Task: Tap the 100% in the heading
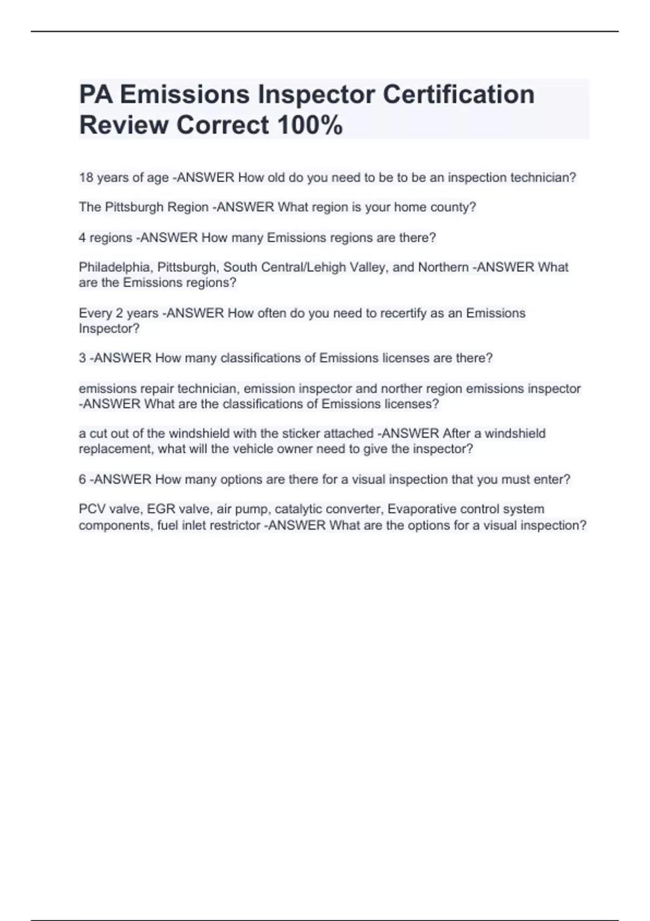[310, 125]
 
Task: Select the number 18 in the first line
[86, 178]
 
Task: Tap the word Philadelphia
[115, 267]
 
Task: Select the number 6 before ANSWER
[82, 479]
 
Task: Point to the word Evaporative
[422, 509]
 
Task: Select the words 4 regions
[106, 238]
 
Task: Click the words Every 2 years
[119, 313]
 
